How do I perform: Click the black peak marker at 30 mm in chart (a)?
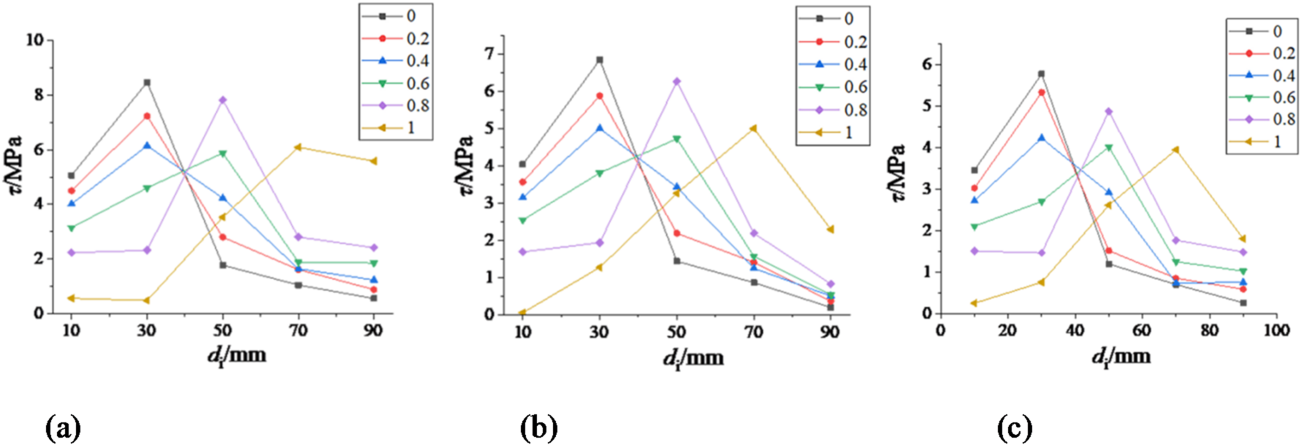click(x=147, y=83)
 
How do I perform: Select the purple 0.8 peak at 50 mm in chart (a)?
click(x=223, y=100)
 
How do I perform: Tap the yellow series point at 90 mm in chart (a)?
click(x=373, y=161)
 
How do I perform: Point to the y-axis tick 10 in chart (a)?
click(x=34, y=40)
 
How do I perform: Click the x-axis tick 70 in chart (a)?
click(x=298, y=331)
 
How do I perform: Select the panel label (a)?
click(x=63, y=427)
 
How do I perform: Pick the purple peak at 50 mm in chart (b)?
click(x=676, y=81)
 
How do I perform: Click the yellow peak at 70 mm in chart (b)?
click(x=753, y=129)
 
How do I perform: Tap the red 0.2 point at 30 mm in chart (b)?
click(x=600, y=96)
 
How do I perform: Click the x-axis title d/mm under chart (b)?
click(x=693, y=358)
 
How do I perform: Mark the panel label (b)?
click(x=539, y=427)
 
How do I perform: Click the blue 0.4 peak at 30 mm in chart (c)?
click(x=1041, y=137)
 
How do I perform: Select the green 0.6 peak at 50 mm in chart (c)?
click(x=1108, y=148)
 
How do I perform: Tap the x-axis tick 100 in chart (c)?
click(x=1276, y=331)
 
